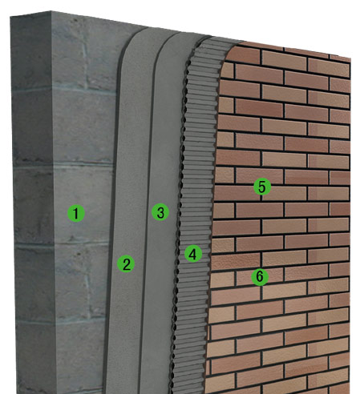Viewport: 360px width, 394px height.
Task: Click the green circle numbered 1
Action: coord(76,213)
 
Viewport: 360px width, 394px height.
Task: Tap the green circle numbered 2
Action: coord(126,263)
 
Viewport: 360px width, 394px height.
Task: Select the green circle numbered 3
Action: coord(160,212)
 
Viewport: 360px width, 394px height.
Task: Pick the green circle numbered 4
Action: coord(193,254)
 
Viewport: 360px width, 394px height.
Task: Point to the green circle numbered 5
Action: coord(262,187)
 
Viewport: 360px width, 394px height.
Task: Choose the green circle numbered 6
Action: coord(260,277)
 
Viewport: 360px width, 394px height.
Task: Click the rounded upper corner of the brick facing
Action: coord(233,49)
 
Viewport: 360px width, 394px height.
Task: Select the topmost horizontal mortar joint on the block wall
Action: coord(64,90)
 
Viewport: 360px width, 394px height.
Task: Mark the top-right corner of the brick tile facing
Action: coord(350,57)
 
